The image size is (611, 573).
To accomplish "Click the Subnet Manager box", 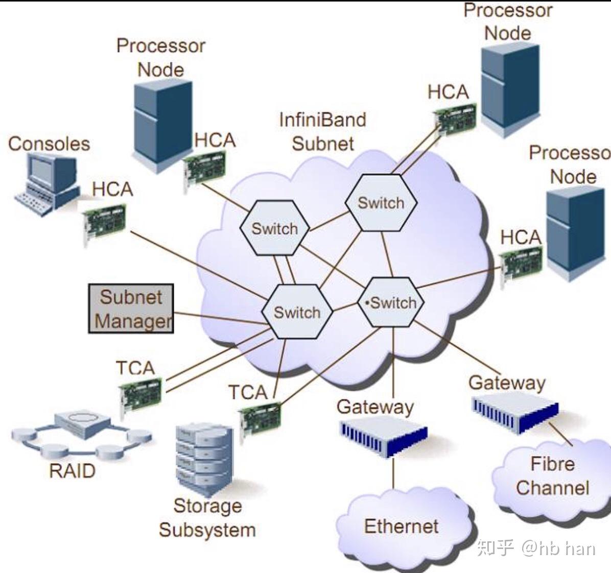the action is pos(131,308).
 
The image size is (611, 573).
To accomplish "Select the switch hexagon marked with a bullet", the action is pos(391,302).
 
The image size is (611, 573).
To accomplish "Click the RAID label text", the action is pos(72,470).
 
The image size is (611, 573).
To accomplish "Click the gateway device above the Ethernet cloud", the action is pos(384,438).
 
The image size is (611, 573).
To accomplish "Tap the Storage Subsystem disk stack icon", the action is pos(204,458).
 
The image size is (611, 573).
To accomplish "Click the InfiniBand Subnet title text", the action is pos(323,132).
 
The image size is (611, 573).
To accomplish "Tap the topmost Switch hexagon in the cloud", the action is pos(381,202).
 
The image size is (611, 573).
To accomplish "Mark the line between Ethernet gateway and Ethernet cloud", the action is pos(393,473).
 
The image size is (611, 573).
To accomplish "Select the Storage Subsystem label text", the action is pos(207,518).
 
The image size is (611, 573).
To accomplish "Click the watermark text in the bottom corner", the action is pos(536,547).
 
